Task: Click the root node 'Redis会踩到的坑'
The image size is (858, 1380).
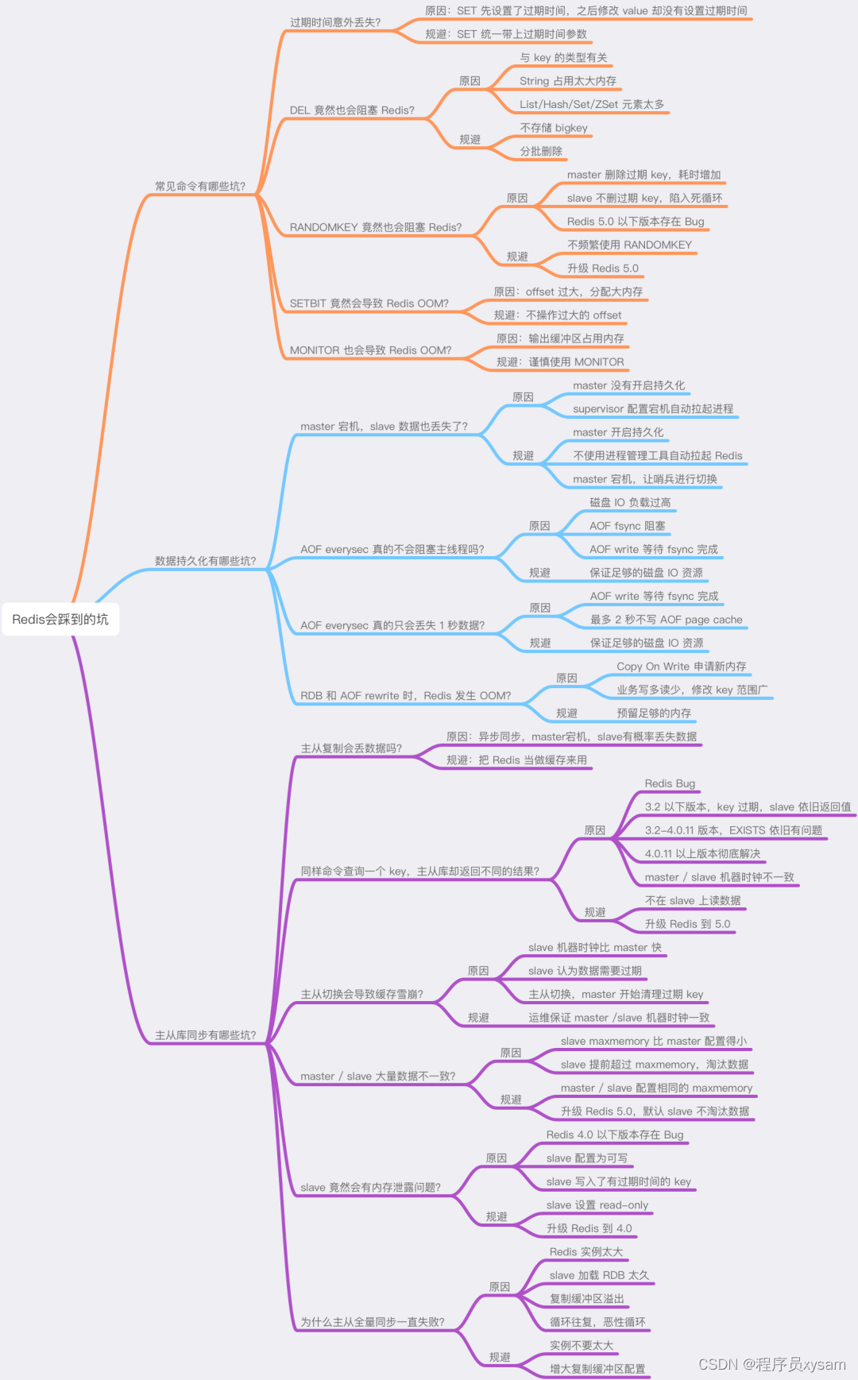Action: [60, 619]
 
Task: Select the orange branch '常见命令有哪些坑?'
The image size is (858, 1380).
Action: [200, 186]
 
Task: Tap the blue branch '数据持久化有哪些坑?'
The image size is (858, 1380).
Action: [205, 561]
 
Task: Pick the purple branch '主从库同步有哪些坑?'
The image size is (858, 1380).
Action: [205, 1035]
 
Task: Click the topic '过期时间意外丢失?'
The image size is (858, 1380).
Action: [335, 22]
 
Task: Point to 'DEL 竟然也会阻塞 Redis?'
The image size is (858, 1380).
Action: [352, 110]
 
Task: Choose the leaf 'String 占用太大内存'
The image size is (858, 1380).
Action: [568, 81]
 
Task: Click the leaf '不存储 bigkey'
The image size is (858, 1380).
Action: [554, 128]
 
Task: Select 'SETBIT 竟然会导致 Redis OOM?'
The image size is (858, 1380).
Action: [369, 303]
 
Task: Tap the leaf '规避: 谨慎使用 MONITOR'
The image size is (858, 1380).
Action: [560, 362]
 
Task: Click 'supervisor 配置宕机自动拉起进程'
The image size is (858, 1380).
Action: [653, 409]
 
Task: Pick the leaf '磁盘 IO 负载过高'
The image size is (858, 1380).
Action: [630, 503]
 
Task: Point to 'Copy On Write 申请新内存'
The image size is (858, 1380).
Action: [682, 667]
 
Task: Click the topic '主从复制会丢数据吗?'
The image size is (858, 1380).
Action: [351, 748]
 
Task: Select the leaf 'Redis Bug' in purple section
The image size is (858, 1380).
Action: [670, 783]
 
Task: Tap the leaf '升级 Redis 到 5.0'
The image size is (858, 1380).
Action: [687, 924]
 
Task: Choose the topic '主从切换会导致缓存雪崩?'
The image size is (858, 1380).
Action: [361, 994]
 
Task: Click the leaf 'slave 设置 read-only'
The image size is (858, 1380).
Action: [597, 1205]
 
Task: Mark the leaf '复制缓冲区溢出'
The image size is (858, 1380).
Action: [587, 1299]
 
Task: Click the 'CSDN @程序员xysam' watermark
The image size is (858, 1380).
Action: [771, 1364]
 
